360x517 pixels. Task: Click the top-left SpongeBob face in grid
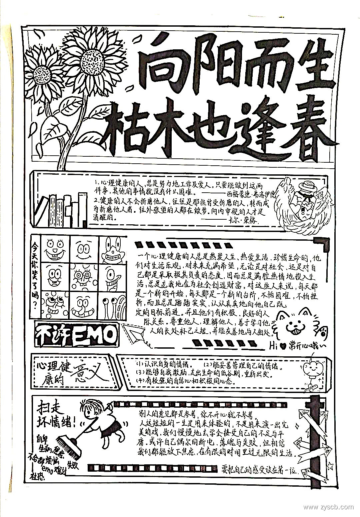click(x=55, y=249)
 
